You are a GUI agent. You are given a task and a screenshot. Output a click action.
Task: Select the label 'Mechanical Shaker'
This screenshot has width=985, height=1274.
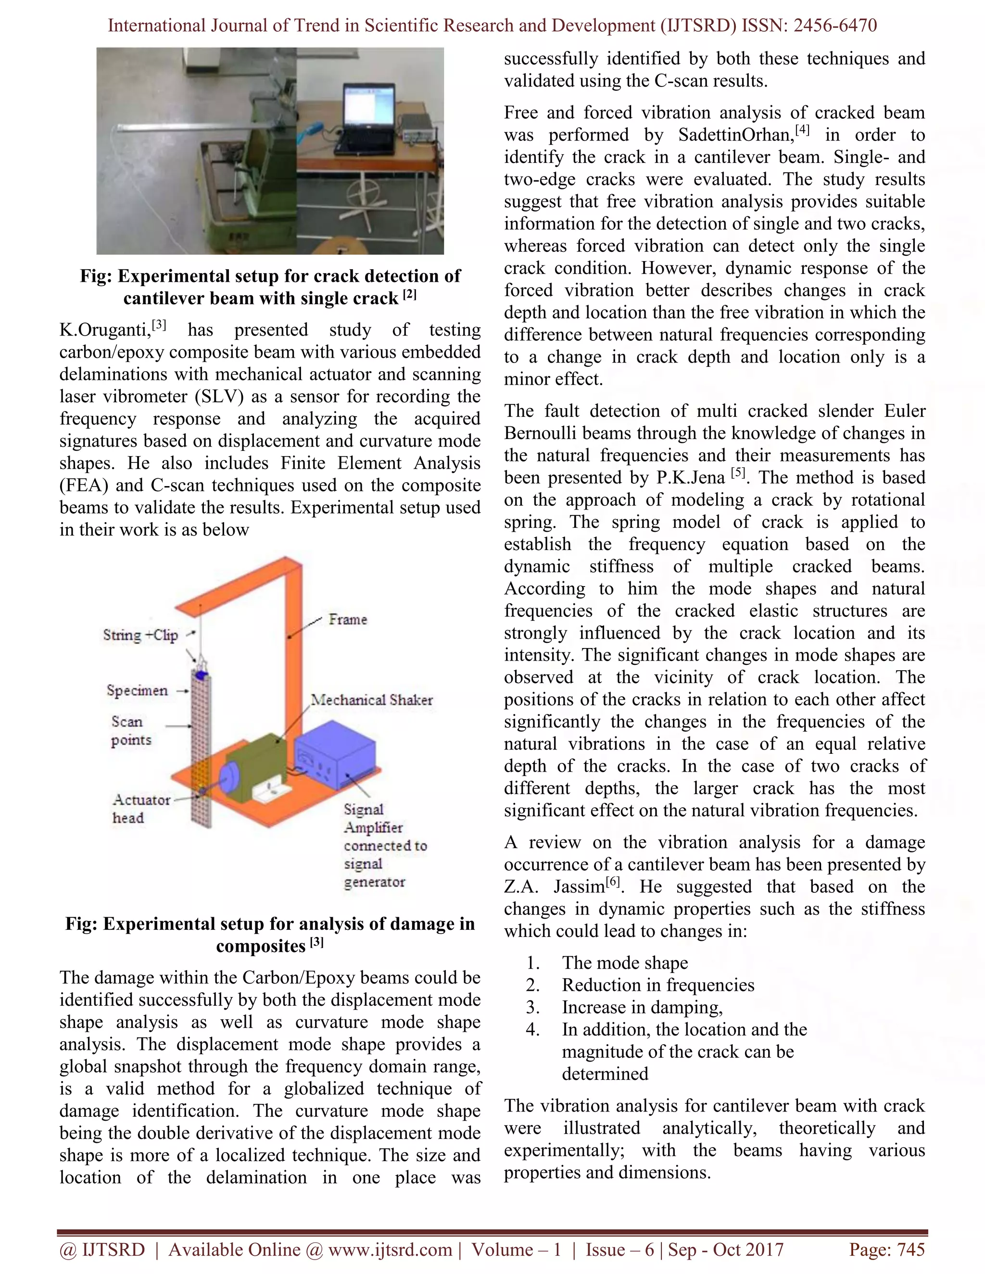(372, 700)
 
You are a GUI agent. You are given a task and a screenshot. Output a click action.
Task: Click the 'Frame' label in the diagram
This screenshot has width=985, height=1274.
(348, 620)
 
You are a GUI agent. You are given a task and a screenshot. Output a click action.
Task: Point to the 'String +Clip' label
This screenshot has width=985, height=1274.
(140, 635)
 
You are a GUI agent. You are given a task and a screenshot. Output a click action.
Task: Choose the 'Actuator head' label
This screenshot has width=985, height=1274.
(140, 809)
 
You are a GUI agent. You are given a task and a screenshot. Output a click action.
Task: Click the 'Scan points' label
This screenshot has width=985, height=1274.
(131, 731)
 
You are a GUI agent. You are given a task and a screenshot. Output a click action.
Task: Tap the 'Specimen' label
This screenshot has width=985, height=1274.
(137, 691)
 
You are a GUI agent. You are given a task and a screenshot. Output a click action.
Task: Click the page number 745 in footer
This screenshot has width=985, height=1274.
(910, 1249)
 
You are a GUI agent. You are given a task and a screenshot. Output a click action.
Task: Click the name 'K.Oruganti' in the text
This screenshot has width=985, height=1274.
(103, 331)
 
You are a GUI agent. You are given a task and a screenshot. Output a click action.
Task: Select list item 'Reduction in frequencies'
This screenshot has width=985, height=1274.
(657, 985)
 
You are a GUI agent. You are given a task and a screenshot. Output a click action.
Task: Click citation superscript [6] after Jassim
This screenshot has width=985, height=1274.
(613, 883)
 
